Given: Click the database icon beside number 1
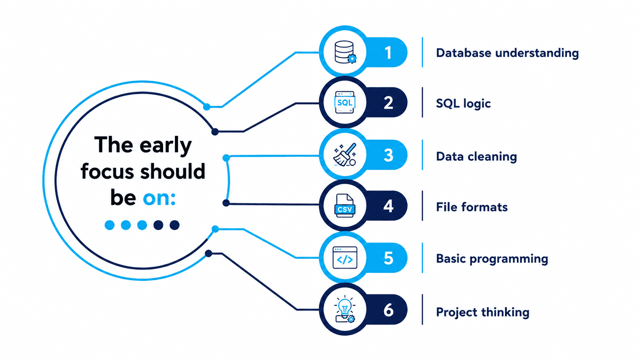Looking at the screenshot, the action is (345, 52).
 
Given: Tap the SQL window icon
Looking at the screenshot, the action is (345, 103).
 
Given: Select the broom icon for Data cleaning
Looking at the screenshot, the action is (345, 155).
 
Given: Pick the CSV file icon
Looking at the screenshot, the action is (344, 206).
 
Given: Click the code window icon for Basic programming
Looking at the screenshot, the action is (345, 258).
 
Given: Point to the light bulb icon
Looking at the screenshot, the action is (345, 309).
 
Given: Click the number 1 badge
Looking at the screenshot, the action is (388, 53).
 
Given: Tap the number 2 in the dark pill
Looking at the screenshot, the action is (388, 103).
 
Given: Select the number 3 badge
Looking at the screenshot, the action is (388, 155).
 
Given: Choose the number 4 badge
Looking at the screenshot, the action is (388, 206).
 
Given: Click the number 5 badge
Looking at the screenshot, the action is (389, 258).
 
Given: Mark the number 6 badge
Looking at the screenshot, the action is (389, 310).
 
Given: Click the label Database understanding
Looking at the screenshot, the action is (508, 53).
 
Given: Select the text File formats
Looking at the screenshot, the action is (472, 207).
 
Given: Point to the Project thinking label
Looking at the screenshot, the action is (483, 312).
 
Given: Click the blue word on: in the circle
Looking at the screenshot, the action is (159, 197).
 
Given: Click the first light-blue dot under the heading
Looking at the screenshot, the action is (109, 225).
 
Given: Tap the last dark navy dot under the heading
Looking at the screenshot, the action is (175, 225).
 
